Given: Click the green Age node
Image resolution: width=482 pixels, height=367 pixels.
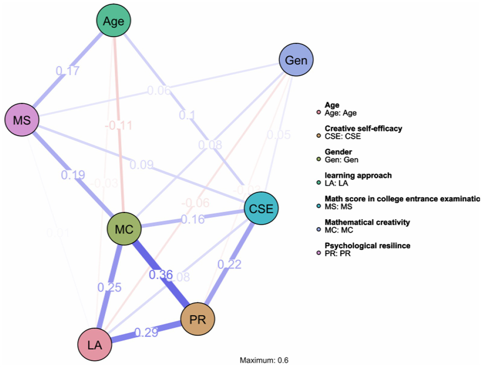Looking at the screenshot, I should pos(113,21).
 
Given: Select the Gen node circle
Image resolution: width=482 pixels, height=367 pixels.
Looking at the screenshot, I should pos(296,60).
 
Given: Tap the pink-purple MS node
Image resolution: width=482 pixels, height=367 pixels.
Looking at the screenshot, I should pos(22,120).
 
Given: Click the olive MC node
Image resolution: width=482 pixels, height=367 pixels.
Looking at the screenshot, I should pos(124,229).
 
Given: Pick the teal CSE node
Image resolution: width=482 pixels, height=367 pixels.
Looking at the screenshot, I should pos(261,208).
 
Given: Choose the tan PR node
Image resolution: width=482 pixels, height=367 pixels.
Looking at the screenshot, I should pos(198,319).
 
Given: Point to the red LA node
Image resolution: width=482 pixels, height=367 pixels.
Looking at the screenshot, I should pos(95,345).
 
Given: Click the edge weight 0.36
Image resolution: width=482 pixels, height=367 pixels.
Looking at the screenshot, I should pos(161,275).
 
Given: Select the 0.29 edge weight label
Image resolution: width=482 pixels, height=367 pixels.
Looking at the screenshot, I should pos(146,332).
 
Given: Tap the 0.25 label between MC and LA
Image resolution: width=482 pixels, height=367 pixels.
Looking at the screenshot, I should pos(109,287).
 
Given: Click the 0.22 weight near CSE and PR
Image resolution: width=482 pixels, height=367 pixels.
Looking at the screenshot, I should pos(230,264).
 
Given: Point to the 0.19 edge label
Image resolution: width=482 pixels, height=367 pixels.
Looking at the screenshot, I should pos(73,175).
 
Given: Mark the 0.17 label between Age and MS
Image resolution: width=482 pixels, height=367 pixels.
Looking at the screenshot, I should pos(68,71).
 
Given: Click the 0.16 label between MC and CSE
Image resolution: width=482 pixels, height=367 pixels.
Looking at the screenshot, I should pos(192,219).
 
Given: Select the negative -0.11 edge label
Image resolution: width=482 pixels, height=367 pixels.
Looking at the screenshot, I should pos(118,126).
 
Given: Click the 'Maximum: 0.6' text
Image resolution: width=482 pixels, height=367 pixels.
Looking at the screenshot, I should pos(264,360).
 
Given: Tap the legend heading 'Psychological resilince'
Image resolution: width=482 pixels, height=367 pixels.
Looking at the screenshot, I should pos(367,246).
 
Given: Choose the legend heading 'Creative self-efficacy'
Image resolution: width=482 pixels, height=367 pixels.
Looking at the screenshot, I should pos(363,129).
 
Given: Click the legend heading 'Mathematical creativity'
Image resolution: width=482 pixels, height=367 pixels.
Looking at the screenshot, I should pos(367,222).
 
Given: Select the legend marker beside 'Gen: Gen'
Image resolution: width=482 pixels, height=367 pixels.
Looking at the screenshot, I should pos(319,160).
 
